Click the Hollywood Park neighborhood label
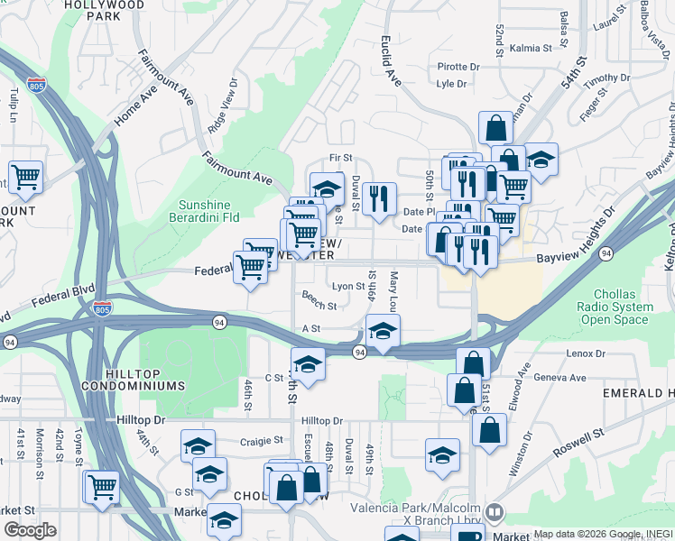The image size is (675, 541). (x=104, y=10)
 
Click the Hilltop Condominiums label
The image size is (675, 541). (x=134, y=380)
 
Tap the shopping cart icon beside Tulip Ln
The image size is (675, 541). (x=26, y=177)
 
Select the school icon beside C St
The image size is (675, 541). (x=308, y=365)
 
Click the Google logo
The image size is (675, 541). (x=30, y=530)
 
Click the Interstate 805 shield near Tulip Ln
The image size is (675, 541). (x=36, y=86)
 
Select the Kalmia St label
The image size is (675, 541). (x=531, y=48)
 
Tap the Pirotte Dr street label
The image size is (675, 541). (x=458, y=67)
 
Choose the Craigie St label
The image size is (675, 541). (x=262, y=441)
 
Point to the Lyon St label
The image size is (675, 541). (x=348, y=286)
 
